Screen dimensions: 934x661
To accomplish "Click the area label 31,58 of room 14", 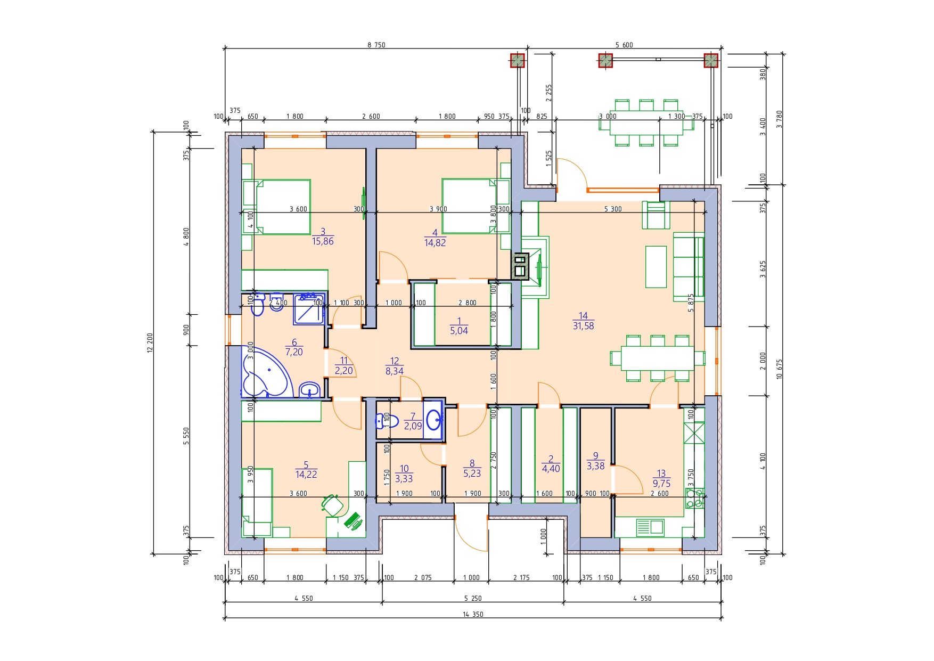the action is pyautogui.click(x=583, y=326).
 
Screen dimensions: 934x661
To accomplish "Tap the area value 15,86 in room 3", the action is pyautogui.click(x=323, y=241).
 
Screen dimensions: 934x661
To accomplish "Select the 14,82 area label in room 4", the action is pyautogui.click(x=435, y=243).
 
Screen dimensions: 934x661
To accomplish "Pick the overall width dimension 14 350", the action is pyautogui.click(x=473, y=614).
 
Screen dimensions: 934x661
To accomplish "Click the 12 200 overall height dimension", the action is pyautogui.click(x=150, y=342).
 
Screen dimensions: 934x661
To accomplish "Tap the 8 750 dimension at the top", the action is pyautogui.click(x=376, y=45).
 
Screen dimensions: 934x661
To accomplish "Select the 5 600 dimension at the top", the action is pyautogui.click(x=624, y=45).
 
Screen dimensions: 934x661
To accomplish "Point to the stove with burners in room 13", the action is pyautogui.click(x=694, y=499).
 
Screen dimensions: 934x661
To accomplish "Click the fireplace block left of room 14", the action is pyautogui.click(x=520, y=266).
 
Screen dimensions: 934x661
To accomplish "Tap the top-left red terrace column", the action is pyautogui.click(x=517, y=61).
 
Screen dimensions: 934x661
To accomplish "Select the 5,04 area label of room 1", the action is pyautogui.click(x=459, y=331).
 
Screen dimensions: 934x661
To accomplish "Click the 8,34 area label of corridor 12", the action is pyautogui.click(x=395, y=371).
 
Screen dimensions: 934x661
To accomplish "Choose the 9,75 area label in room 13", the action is pyautogui.click(x=661, y=484).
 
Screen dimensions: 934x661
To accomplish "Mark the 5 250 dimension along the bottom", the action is pyautogui.click(x=473, y=598).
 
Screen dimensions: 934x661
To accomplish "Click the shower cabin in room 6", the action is pyautogui.click(x=309, y=309).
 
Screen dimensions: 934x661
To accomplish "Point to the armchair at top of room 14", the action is pyautogui.click(x=656, y=215).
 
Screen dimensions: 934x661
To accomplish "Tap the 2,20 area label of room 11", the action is pyautogui.click(x=344, y=371).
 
